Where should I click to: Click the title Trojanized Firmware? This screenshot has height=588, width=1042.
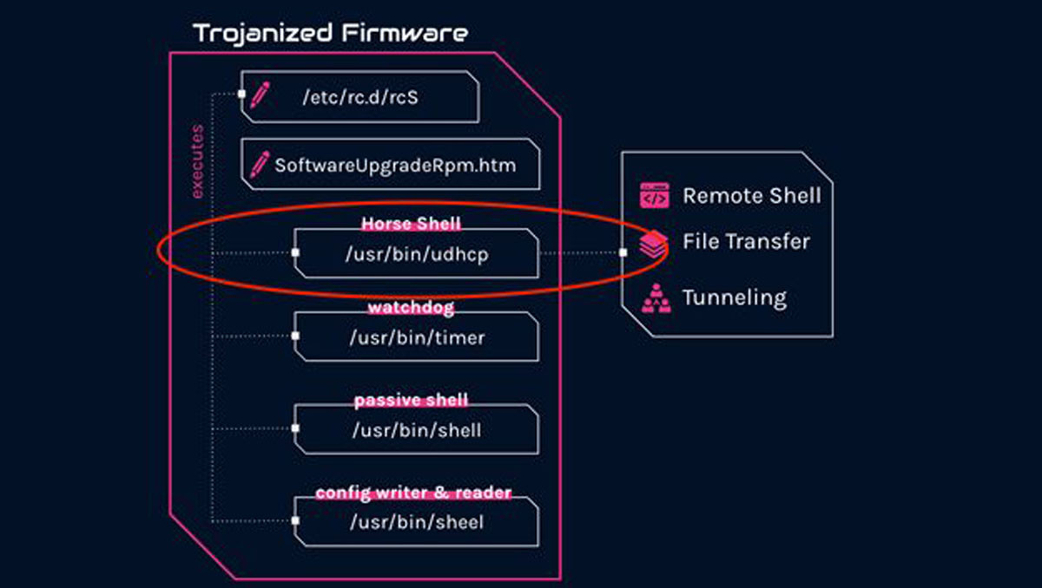330,34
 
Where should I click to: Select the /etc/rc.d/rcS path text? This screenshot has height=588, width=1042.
360,97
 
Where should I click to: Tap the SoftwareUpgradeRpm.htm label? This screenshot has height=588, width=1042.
395,164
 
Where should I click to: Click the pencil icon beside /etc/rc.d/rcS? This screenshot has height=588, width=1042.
259,95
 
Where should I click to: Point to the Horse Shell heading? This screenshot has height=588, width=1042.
411,224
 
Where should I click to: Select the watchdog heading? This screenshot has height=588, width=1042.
411,307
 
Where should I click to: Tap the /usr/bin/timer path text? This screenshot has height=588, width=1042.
417,337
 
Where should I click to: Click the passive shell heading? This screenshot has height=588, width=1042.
411,401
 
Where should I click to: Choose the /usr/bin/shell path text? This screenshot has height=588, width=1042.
417,429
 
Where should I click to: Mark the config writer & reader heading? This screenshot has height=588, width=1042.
413,493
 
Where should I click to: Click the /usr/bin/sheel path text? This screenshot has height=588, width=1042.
417,522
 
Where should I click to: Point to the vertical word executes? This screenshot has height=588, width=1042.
197,162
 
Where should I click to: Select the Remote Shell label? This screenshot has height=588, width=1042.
751,195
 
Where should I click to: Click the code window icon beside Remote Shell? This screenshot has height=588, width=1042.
654,195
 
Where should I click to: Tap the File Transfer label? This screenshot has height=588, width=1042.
746,241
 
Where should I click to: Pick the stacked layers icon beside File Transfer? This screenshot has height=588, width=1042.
654,244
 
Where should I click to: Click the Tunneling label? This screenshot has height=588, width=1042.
734,297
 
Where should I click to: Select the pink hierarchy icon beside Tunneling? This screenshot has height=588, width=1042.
654,298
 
